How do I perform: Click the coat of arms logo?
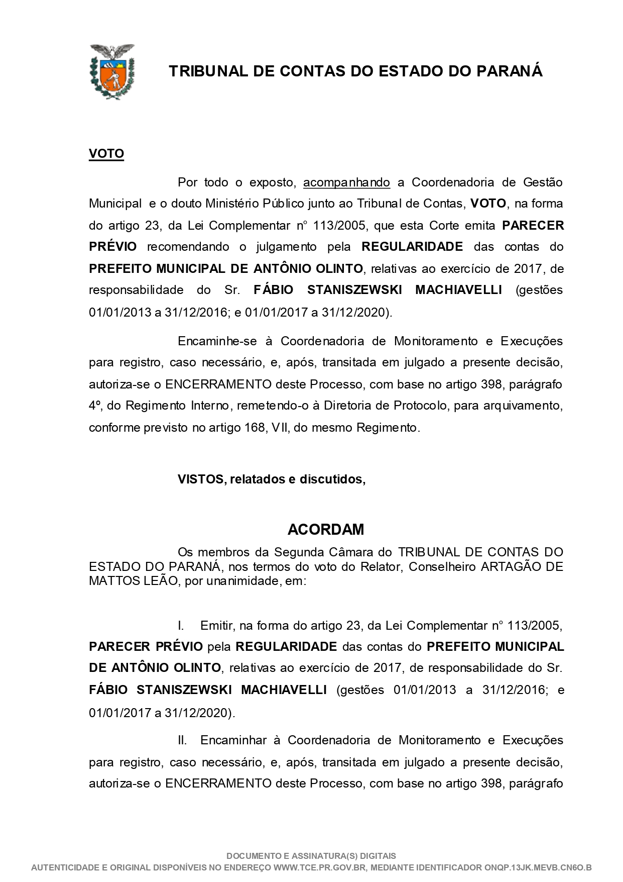[112, 71]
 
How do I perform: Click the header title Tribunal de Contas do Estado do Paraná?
[355, 71]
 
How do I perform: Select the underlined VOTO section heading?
[106, 154]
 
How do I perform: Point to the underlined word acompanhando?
[346, 182]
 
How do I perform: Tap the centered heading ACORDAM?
[326, 529]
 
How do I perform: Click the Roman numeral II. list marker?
[182, 740]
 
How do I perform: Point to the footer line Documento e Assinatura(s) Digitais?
[311, 856]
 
